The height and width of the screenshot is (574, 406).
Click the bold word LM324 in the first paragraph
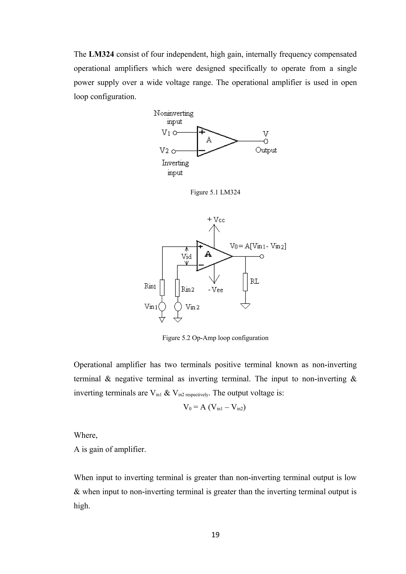click(x=101, y=54)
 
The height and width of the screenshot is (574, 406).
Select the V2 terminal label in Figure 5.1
click(x=164, y=151)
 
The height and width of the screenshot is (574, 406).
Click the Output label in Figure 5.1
click(x=266, y=150)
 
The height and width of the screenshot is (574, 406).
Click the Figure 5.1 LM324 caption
click(x=215, y=192)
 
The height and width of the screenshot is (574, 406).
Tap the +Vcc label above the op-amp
click(x=216, y=220)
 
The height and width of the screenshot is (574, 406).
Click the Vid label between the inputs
click(x=186, y=256)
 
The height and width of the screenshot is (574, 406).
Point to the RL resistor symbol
click(x=245, y=282)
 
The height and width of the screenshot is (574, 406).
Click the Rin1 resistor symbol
click(x=162, y=288)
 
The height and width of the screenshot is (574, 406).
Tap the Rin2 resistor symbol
click(x=177, y=288)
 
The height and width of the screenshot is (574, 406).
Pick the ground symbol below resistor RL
click(x=245, y=306)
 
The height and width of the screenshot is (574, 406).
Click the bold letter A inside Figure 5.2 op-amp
click(x=208, y=255)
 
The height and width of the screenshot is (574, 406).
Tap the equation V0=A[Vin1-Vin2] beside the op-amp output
click(x=258, y=246)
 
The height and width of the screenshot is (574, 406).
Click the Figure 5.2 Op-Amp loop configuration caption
click(x=215, y=338)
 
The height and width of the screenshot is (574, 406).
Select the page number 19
click(x=215, y=535)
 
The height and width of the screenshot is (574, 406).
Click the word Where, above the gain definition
click(x=86, y=435)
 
